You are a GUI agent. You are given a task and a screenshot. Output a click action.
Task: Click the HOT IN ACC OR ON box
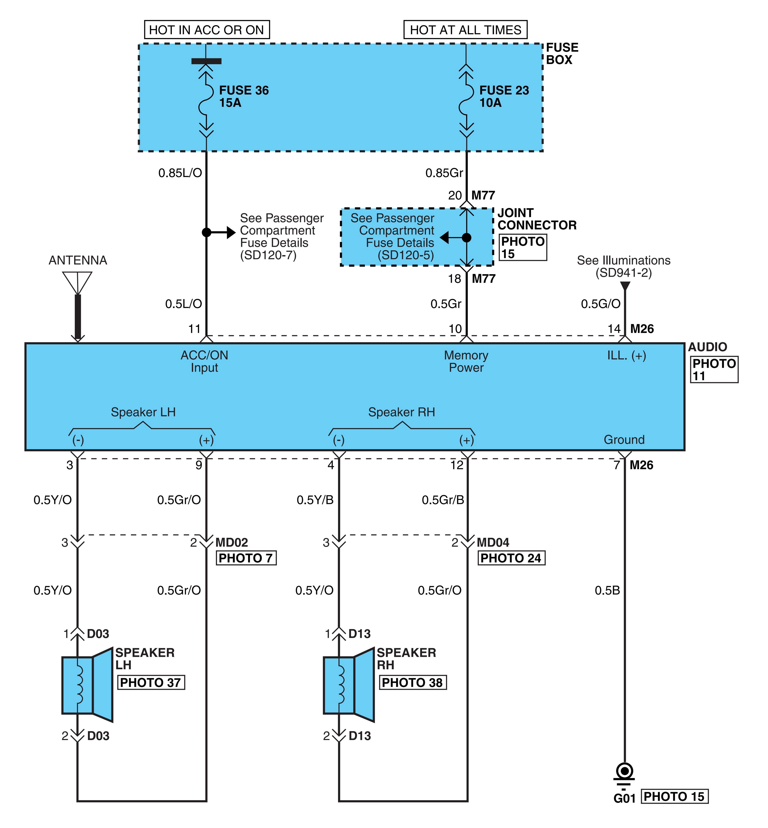click(x=206, y=30)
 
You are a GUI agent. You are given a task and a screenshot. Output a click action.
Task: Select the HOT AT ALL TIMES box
click(x=466, y=30)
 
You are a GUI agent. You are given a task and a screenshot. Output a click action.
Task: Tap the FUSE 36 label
click(x=244, y=90)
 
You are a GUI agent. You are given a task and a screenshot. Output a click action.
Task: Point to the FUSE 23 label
click(x=504, y=90)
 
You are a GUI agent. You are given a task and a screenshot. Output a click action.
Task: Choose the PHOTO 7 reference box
click(x=246, y=558)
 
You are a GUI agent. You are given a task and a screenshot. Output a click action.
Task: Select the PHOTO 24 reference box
click(x=511, y=558)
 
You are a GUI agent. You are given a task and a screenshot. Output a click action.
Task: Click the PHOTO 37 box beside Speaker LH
click(x=151, y=682)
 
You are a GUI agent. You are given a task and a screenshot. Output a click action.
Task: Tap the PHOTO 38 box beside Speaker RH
click(x=413, y=682)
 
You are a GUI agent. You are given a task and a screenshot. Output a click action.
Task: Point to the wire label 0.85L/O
click(x=180, y=173)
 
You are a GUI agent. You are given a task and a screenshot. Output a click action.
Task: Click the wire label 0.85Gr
click(x=444, y=173)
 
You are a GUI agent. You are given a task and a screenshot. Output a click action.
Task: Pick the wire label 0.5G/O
click(x=601, y=304)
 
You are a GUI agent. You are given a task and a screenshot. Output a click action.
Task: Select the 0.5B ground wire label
click(x=607, y=590)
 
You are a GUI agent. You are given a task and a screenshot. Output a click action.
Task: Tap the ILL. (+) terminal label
click(x=627, y=356)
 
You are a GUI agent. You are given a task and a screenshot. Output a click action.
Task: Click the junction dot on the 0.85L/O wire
click(x=206, y=232)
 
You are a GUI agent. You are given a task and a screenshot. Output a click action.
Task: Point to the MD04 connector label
click(x=493, y=542)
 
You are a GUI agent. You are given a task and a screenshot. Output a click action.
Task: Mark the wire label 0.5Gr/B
click(x=443, y=499)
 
